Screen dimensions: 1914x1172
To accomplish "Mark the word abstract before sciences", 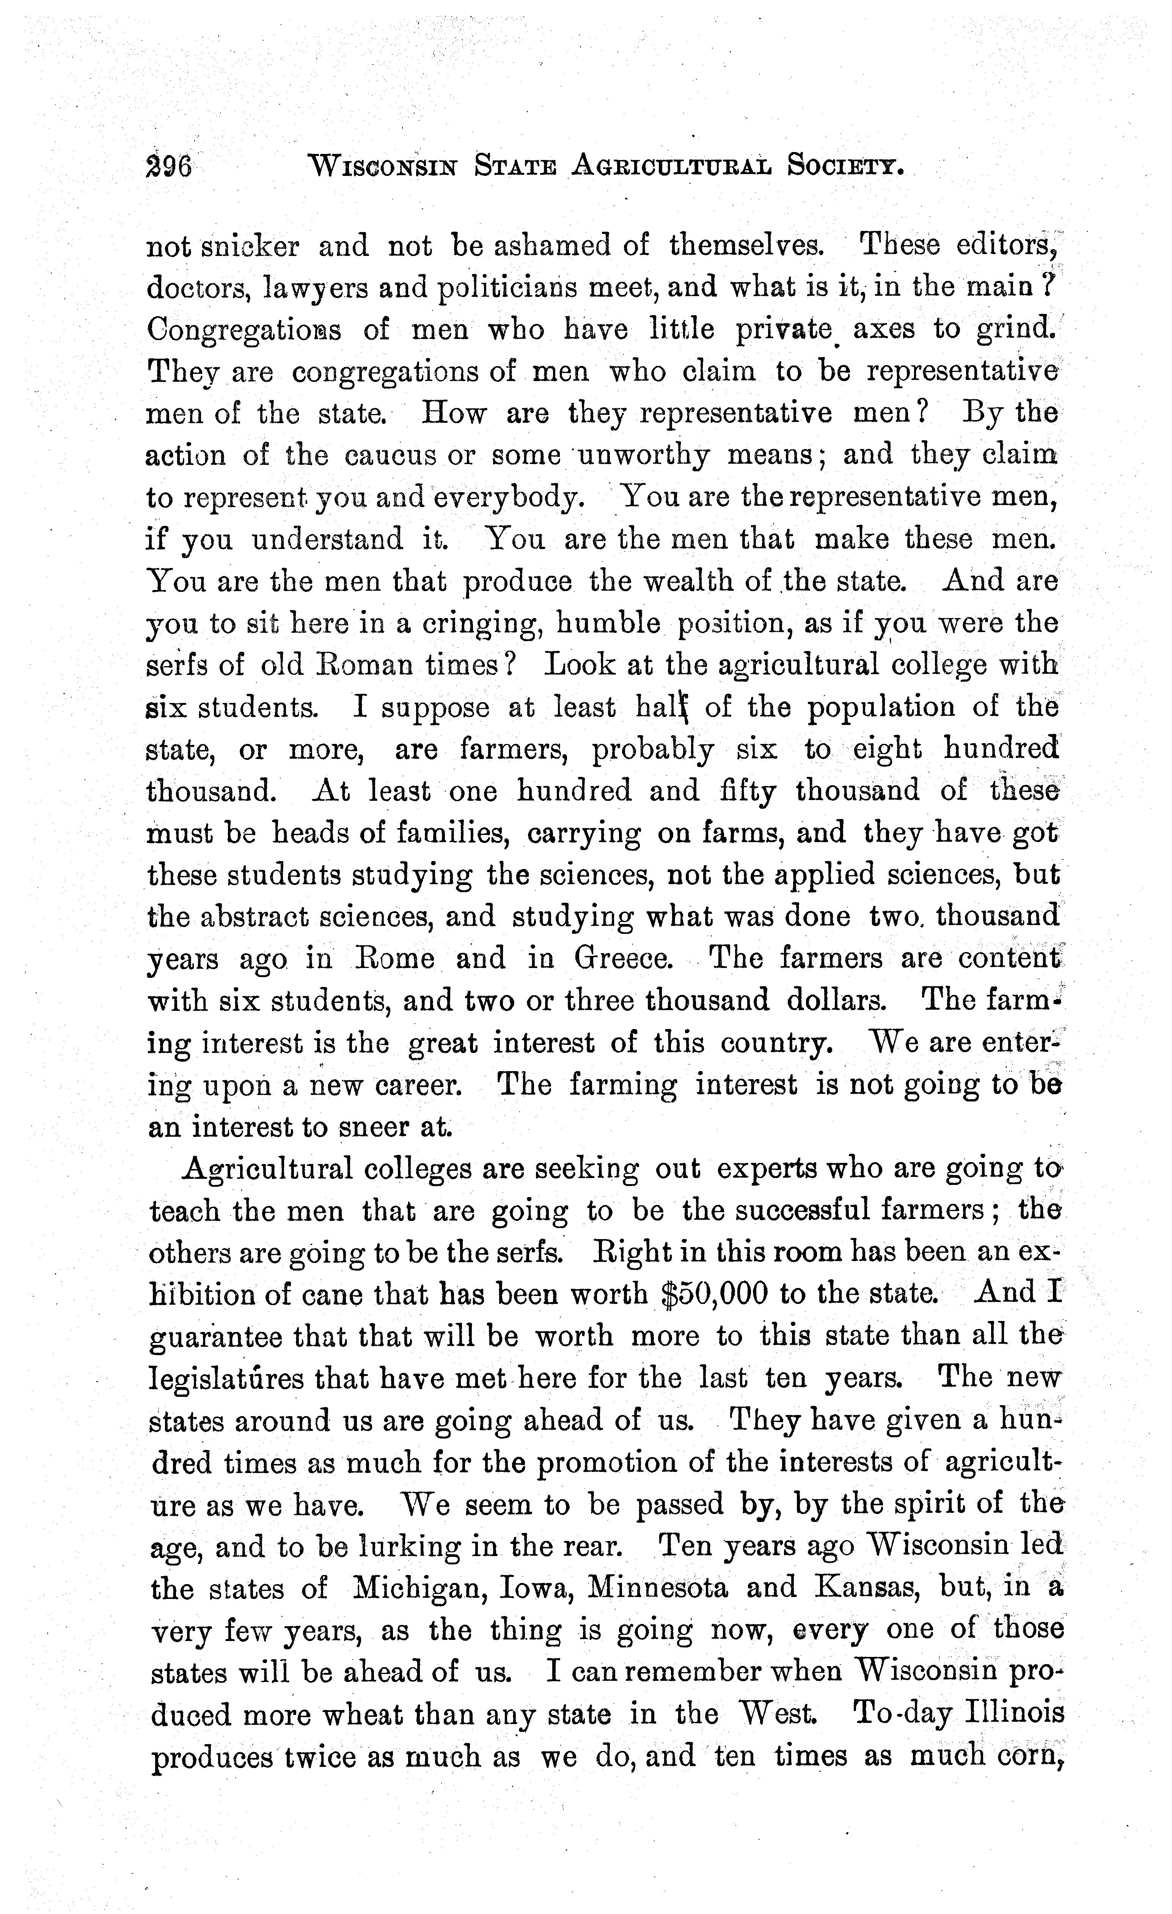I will pos(252,916).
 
